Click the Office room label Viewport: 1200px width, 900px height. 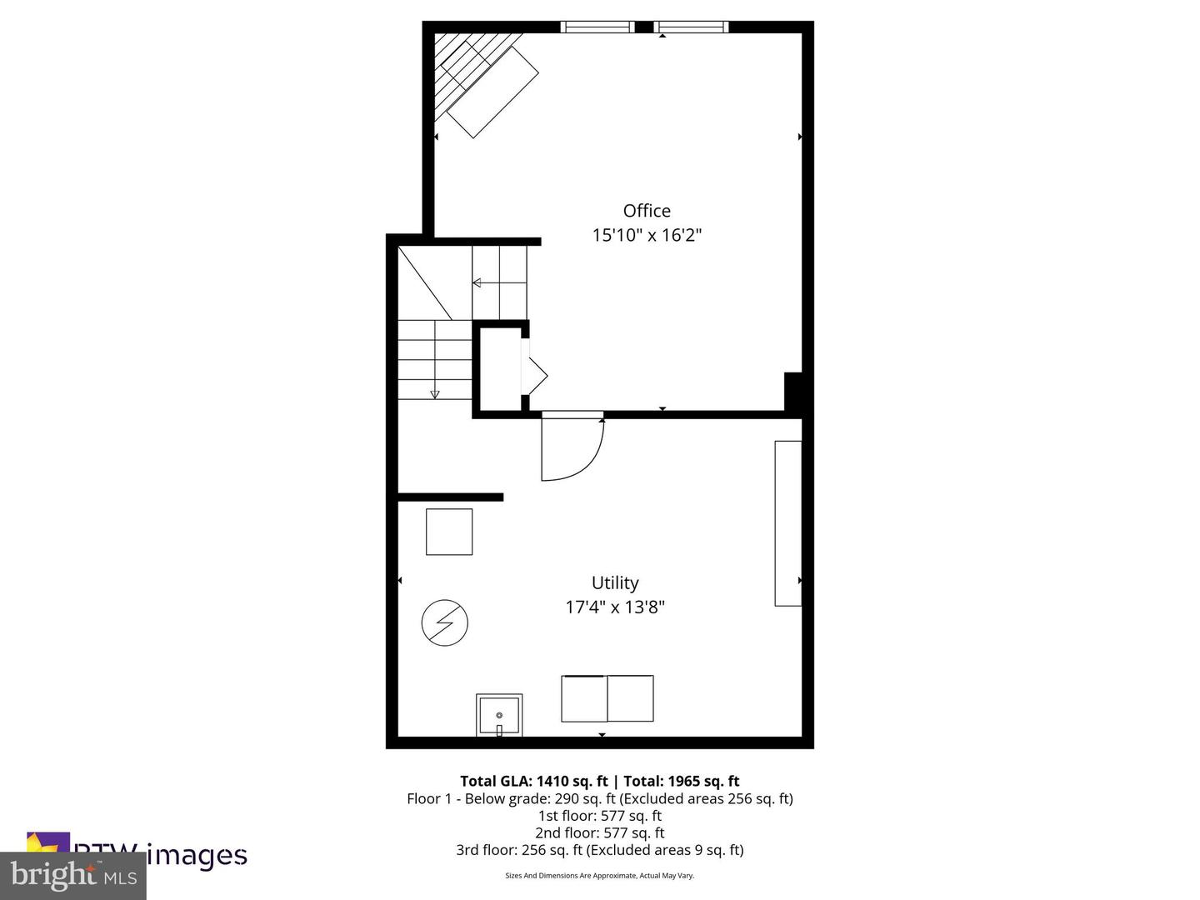[647, 211]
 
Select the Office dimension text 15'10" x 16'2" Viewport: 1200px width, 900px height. [647, 235]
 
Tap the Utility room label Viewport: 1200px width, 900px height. [615, 582]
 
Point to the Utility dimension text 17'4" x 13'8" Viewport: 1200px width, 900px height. [615, 607]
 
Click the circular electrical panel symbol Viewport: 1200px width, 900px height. [444, 622]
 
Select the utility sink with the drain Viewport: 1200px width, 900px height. [499, 716]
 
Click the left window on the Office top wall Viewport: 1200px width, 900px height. [597, 27]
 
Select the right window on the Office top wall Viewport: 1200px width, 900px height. [691, 27]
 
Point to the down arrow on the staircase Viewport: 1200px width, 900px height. [434, 393]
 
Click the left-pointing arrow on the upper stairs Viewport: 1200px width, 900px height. [477, 283]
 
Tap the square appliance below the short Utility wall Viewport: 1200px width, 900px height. [449, 532]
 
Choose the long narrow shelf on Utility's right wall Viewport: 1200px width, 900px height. [787, 523]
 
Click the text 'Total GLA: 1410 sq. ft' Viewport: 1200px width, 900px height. [534, 781]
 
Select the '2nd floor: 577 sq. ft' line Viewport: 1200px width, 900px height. [599, 832]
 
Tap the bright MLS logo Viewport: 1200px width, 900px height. [73, 876]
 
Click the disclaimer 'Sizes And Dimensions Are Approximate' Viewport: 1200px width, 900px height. [599, 876]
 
